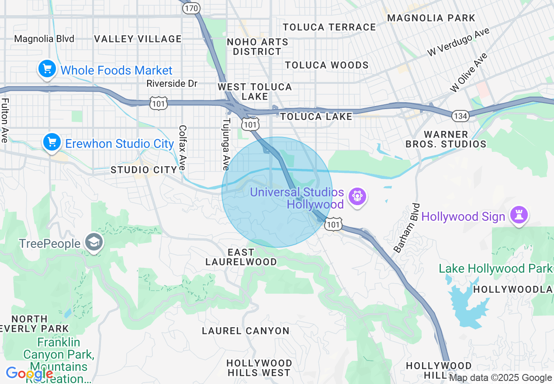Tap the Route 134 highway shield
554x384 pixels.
point(460,115)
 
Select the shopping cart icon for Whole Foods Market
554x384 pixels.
point(47,69)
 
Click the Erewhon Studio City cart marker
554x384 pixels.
point(52,142)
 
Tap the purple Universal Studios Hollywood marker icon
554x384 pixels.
point(357,197)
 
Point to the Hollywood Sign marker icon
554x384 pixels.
point(519,216)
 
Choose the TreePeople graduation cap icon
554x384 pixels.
point(93,243)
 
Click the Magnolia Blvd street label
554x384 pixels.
point(44,39)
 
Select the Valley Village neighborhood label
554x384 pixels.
point(138,39)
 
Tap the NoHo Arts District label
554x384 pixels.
point(257,47)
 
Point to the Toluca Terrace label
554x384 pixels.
point(329,27)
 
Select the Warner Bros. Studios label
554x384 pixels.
point(446,139)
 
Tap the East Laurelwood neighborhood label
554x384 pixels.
point(241,257)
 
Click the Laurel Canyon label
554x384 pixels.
point(245,331)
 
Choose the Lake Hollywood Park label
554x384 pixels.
point(495,268)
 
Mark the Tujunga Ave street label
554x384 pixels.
point(226,144)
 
